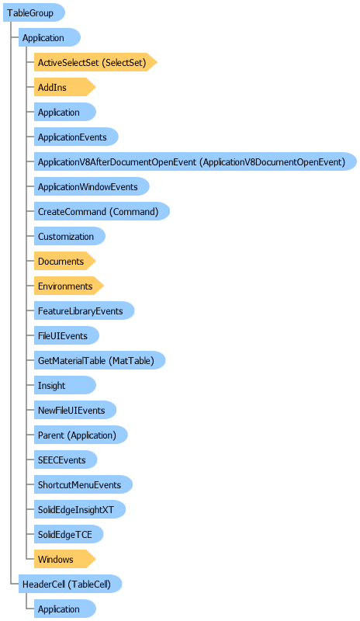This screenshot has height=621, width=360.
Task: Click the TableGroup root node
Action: click(33, 12)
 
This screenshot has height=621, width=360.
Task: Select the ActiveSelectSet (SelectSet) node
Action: click(95, 62)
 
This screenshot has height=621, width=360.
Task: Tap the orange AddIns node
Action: click(64, 87)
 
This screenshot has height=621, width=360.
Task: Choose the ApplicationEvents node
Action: click(76, 137)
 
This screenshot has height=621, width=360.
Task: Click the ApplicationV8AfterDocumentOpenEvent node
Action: click(196, 161)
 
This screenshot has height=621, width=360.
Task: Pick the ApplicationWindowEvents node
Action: click(92, 186)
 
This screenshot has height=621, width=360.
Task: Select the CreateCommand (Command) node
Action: click(102, 211)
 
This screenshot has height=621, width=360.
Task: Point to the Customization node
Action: click(70, 237)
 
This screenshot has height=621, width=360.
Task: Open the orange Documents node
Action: click(64, 262)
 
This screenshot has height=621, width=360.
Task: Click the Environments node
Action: click(68, 286)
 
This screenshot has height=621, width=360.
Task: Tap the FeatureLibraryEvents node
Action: click(84, 311)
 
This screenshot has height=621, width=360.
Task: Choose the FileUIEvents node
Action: click(67, 336)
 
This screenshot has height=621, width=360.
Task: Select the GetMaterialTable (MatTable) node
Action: click(99, 360)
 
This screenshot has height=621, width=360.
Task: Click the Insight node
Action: click(65, 385)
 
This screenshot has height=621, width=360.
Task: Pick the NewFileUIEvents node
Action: click(75, 411)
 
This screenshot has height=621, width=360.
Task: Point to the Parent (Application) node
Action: click(81, 435)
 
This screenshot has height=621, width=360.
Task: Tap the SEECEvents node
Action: click(65, 460)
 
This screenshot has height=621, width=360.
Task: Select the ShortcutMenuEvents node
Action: click(83, 484)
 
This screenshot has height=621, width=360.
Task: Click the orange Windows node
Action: click(64, 559)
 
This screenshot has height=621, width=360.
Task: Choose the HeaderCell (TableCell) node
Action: click(70, 585)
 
